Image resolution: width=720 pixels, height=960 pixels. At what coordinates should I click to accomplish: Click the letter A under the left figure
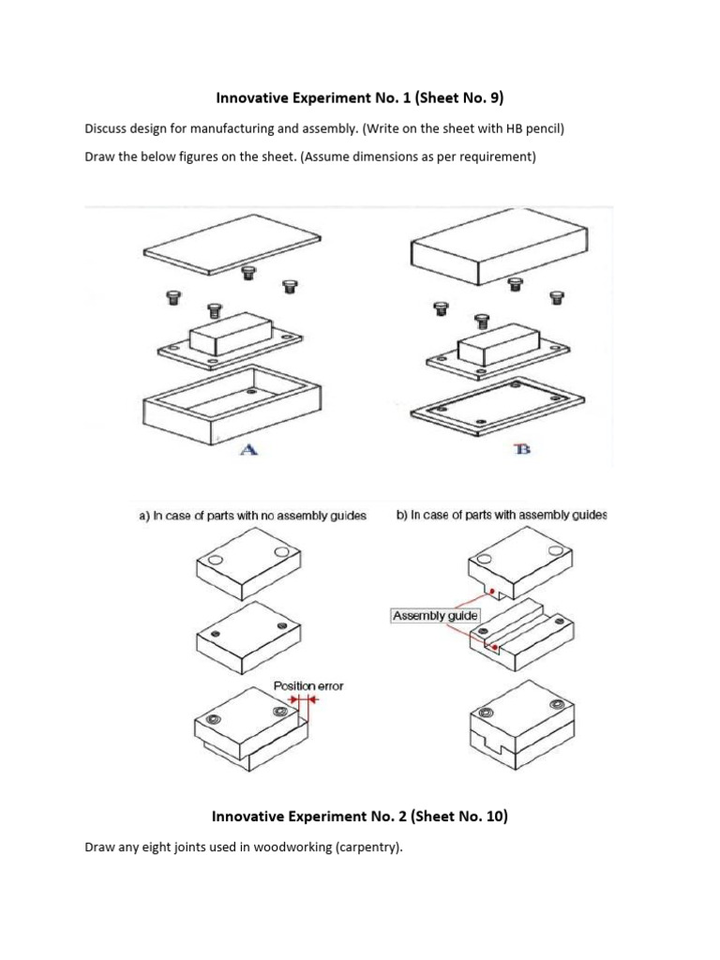248,449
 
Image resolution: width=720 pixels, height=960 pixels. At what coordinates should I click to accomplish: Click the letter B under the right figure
522,449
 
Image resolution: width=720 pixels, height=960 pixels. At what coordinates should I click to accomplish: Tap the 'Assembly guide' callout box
435,616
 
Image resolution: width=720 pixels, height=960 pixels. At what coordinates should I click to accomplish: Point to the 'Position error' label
307,685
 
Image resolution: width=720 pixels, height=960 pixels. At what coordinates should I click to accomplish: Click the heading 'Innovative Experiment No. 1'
359,97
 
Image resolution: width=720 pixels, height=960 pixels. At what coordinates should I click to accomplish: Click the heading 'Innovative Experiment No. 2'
359,817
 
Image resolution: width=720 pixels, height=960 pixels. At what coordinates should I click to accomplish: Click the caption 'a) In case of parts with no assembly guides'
251,516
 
